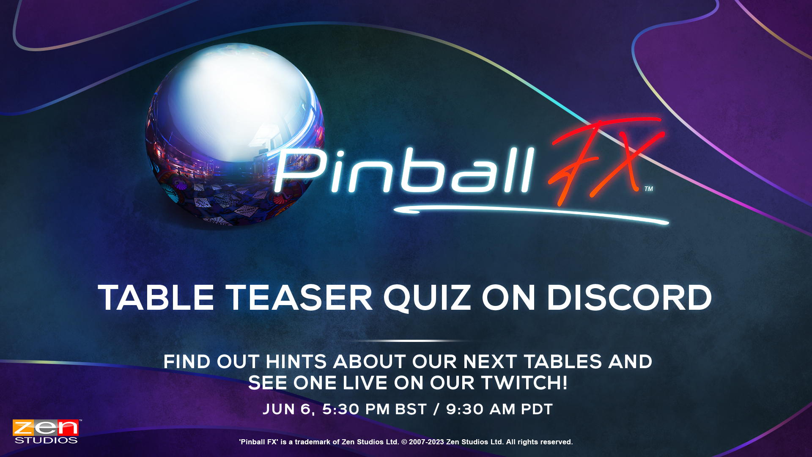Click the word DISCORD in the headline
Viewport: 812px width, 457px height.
pyautogui.click(x=629, y=298)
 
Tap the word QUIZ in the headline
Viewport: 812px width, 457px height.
pyautogui.click(x=427, y=298)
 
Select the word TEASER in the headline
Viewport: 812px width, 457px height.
pyautogui.click(x=299, y=298)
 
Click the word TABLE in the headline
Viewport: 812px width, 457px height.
pyautogui.click(x=156, y=298)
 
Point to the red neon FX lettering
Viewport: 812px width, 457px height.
pyautogui.click(x=605, y=161)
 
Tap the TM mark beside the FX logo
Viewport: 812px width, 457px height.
pyautogui.click(x=649, y=189)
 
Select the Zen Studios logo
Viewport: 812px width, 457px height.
pyautogui.click(x=46, y=432)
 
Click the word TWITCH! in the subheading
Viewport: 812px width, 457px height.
pyautogui.click(x=524, y=383)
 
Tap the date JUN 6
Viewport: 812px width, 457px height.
pyautogui.click(x=288, y=409)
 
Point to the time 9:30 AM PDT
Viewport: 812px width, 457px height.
pyautogui.click(x=499, y=409)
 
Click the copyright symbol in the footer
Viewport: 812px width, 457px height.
pyautogui.click(x=404, y=442)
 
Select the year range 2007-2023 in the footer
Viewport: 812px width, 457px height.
pyautogui.click(x=426, y=442)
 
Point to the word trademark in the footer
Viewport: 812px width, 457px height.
pyautogui.click(x=312, y=442)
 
